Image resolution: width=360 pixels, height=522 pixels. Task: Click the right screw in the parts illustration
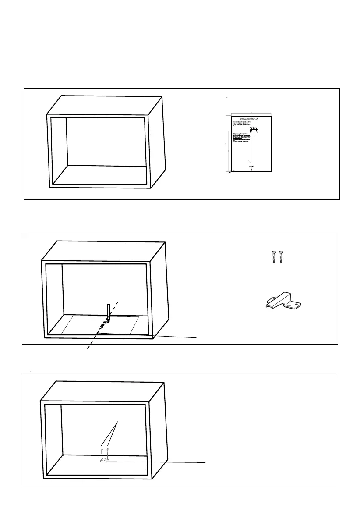tap(280, 257)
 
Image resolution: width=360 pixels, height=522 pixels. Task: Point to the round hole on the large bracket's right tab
tap(297, 303)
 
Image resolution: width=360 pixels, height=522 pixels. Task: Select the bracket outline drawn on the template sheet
tap(254, 131)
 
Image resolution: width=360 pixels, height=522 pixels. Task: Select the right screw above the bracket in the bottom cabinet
tap(107, 450)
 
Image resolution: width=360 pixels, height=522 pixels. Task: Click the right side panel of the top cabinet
tap(157, 140)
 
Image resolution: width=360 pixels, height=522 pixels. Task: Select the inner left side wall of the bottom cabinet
tap(53, 438)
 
